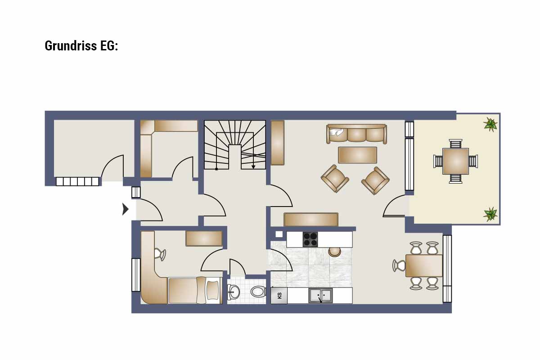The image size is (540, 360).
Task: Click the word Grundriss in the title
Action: point(71,46)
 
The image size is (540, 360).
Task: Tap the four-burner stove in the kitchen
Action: point(310,239)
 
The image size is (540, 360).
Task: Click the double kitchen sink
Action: point(320,295)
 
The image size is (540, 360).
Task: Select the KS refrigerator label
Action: point(279,296)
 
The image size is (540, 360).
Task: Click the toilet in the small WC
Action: point(258,292)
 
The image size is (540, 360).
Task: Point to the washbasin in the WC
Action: point(234,292)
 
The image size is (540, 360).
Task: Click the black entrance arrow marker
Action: point(126,209)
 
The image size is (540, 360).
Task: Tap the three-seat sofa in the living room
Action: point(356,134)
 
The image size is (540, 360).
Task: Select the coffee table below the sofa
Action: point(357,155)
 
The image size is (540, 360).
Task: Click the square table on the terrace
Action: point(455,161)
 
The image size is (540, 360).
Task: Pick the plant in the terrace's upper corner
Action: point(490,124)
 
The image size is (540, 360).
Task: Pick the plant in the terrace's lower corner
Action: point(490,214)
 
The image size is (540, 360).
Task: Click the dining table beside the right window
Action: point(424,265)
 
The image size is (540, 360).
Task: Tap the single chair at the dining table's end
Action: point(399,265)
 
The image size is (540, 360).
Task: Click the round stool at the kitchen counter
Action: point(335,252)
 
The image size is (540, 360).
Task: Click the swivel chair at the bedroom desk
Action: point(160,254)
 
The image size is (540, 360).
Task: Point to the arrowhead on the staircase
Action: point(253,166)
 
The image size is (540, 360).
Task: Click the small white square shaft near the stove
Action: point(279,234)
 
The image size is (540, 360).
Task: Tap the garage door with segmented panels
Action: point(77,181)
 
